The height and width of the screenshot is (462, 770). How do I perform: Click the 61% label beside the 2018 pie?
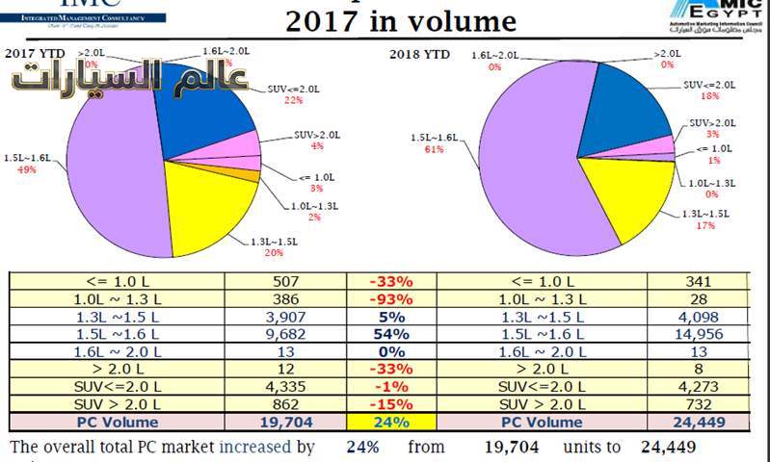pos(433,149)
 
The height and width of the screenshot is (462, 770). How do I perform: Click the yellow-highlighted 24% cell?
pos(390,421)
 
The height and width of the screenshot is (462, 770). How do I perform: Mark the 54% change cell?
pos(390,333)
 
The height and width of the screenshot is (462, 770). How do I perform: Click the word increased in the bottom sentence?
pos(256,448)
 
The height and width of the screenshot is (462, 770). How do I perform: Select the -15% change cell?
pos(390,403)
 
